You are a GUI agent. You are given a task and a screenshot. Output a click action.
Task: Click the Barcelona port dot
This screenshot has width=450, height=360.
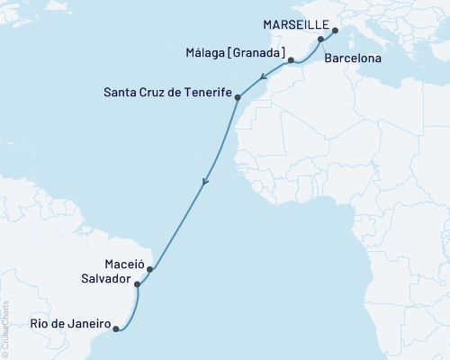[320, 40]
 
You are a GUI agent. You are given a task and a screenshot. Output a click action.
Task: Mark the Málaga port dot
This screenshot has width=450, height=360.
[290, 60]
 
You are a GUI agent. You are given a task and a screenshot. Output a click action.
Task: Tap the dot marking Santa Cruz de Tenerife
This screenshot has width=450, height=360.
[238, 95]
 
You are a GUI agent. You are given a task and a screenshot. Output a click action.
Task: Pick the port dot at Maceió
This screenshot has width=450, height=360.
[150, 268]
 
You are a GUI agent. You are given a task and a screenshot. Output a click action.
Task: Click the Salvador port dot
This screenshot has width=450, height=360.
[137, 284]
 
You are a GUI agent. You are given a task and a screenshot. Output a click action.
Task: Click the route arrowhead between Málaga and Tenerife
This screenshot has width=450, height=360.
[260, 78]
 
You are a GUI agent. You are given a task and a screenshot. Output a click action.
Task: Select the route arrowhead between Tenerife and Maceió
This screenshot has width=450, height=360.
[205, 184]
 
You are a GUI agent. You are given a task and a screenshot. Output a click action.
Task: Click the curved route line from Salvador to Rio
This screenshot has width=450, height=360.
[134, 310]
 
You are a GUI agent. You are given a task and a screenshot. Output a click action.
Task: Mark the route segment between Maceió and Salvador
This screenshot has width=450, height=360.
[143, 276]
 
